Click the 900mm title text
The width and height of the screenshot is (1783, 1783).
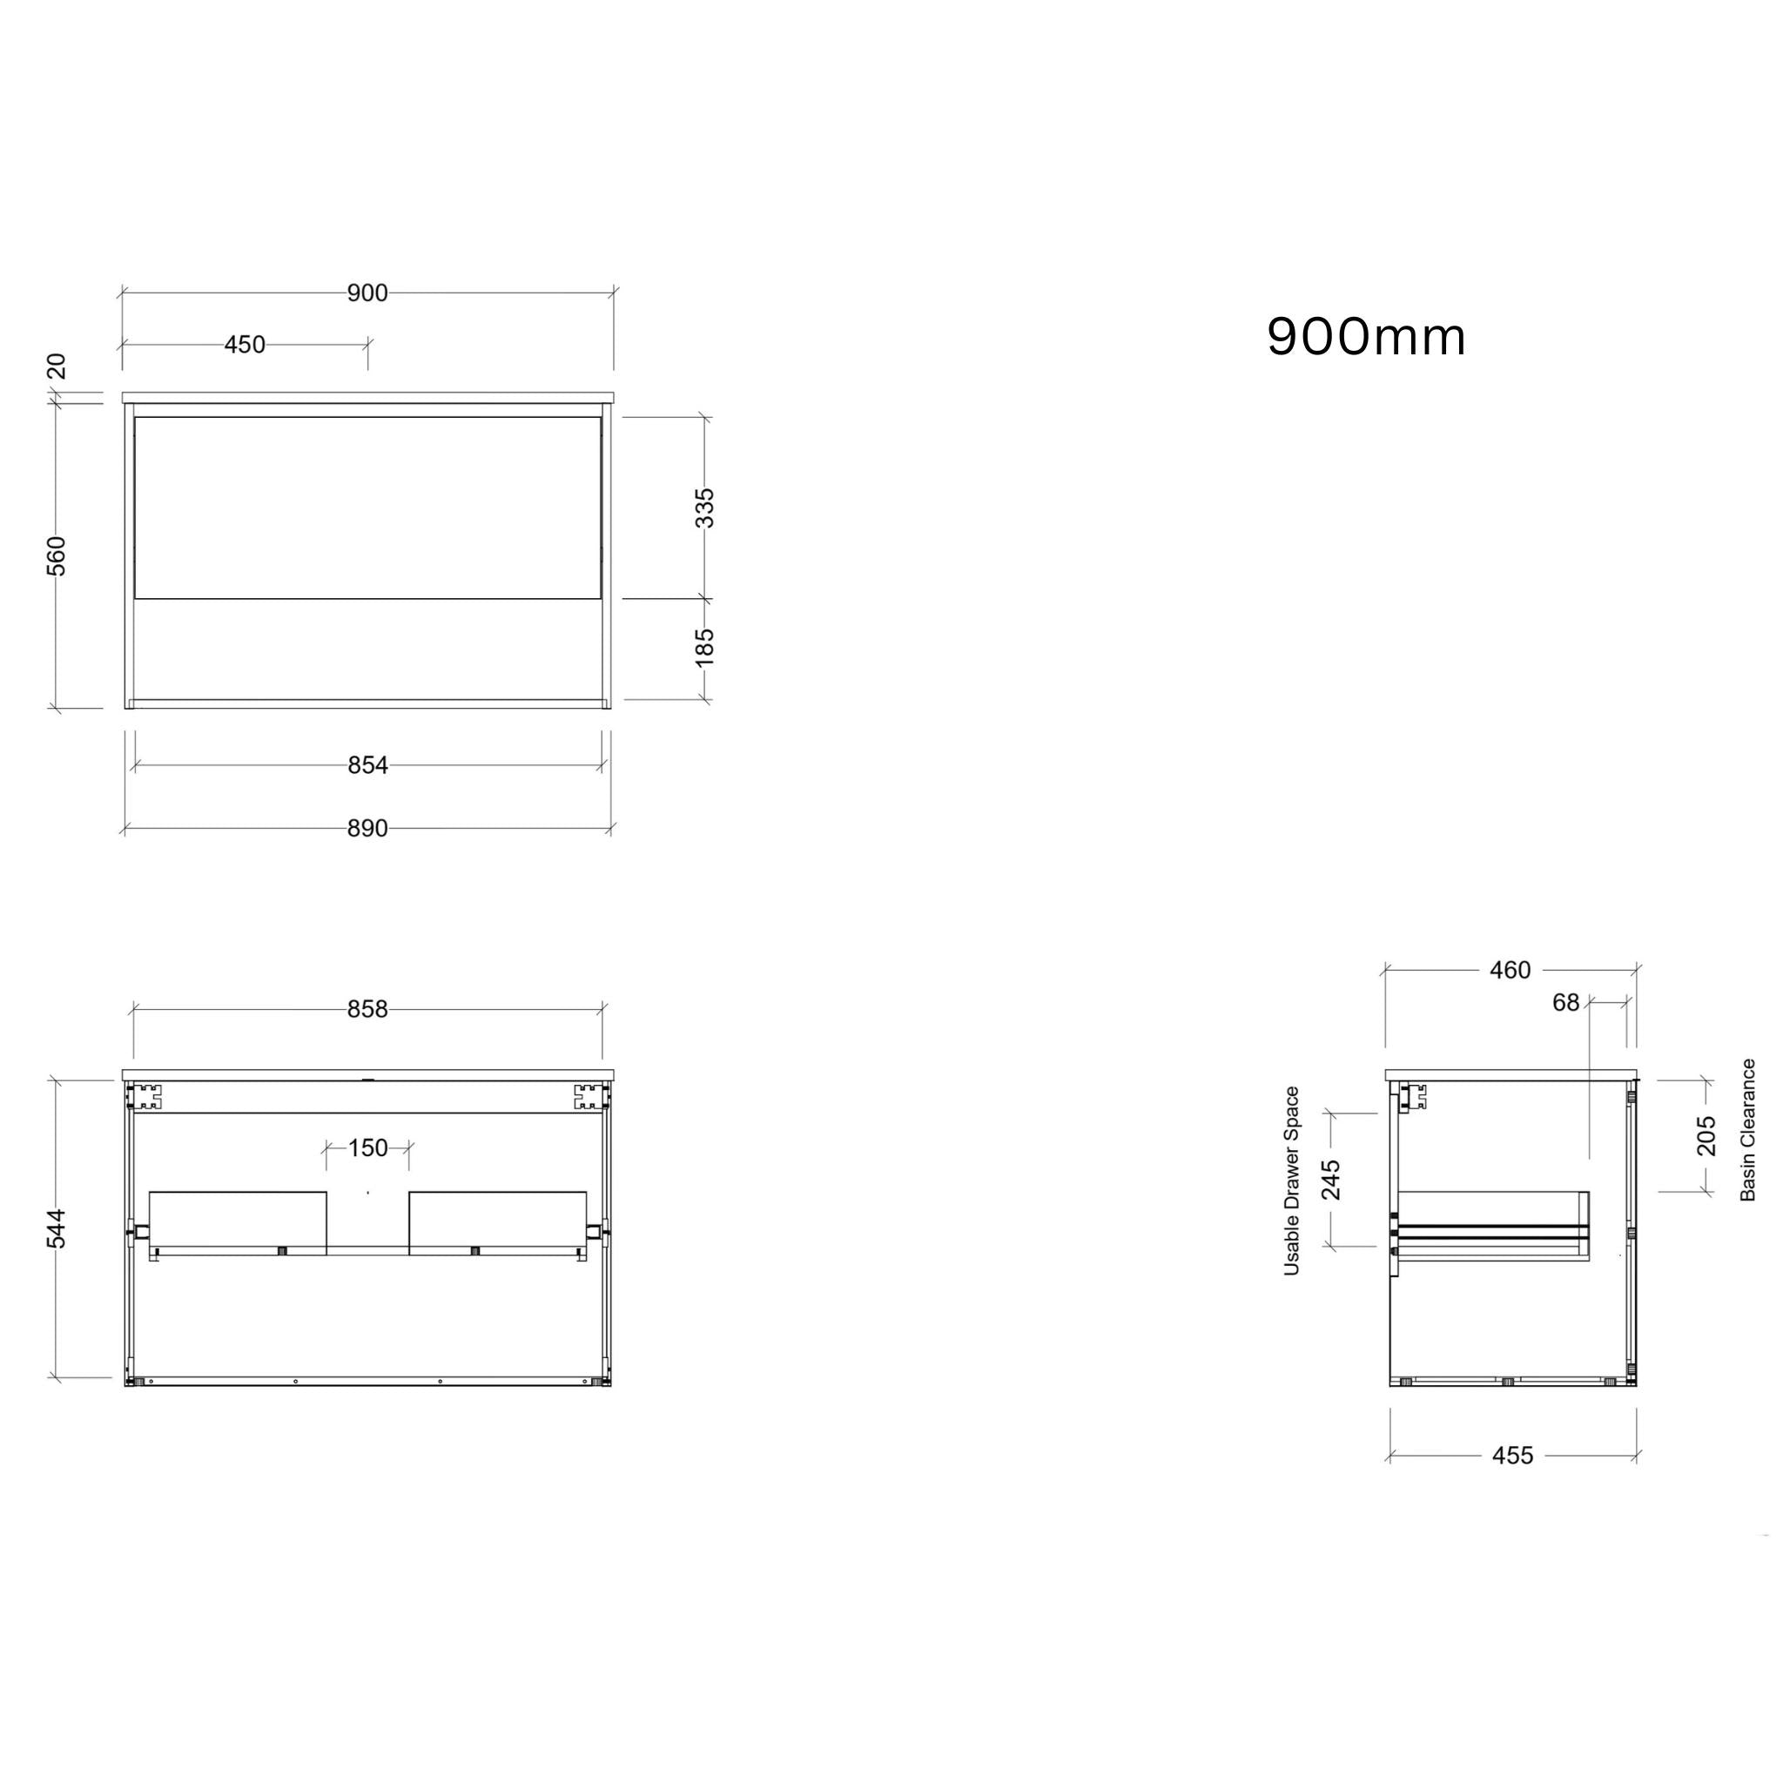pyautogui.click(x=1366, y=337)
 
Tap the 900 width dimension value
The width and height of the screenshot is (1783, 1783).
pyautogui.click(x=367, y=293)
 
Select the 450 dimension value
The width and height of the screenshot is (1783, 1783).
pyautogui.click(x=245, y=345)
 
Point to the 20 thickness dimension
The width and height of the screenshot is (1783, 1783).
pyautogui.click(x=57, y=367)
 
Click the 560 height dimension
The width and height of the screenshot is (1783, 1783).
pyautogui.click(x=57, y=555)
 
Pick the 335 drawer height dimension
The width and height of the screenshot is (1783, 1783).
pyautogui.click(x=704, y=508)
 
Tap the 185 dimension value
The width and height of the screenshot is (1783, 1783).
pyautogui.click(x=704, y=647)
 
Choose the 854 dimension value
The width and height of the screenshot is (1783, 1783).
pyautogui.click(x=367, y=765)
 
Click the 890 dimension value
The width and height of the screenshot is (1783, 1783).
pyautogui.click(x=367, y=829)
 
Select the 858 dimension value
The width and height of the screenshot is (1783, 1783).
pyautogui.click(x=367, y=1010)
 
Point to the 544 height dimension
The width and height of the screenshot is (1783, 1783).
pyautogui.click(x=57, y=1228)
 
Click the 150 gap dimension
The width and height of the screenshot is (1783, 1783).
pyautogui.click(x=368, y=1148)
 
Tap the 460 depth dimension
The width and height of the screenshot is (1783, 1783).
pyautogui.click(x=1510, y=970)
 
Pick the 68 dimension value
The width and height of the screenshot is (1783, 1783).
pyautogui.click(x=1565, y=1002)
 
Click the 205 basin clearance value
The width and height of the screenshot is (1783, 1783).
pyautogui.click(x=1706, y=1135)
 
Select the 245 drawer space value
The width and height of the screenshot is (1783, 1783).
pyautogui.click(x=1331, y=1180)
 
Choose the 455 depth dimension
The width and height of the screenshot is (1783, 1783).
pyautogui.click(x=1511, y=1456)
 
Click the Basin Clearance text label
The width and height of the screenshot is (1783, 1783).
pyautogui.click(x=1747, y=1129)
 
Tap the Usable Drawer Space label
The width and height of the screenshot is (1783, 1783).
pyautogui.click(x=1291, y=1181)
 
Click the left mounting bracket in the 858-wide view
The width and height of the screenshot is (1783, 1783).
pyautogui.click(x=144, y=1096)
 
